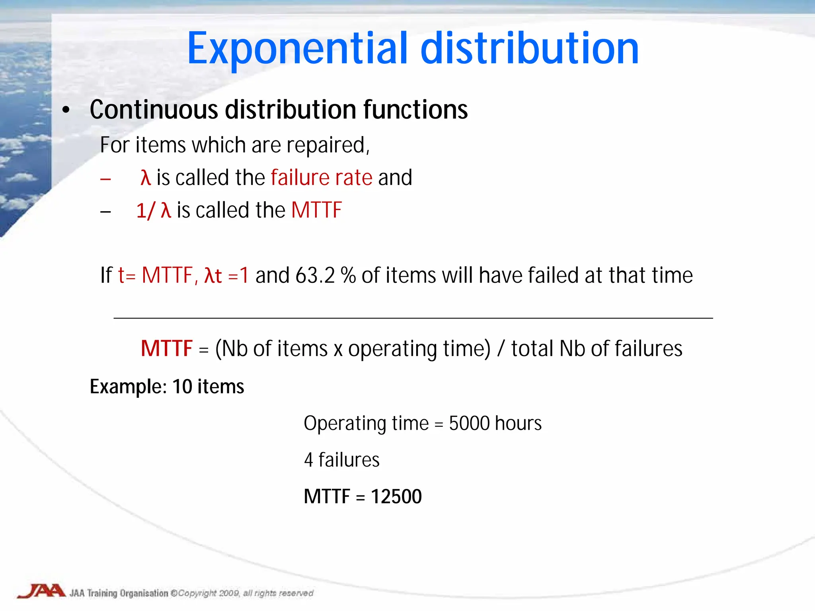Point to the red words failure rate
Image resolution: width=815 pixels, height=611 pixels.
tap(322, 177)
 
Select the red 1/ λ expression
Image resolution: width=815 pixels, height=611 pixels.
tap(154, 210)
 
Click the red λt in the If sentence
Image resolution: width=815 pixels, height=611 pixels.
tap(213, 275)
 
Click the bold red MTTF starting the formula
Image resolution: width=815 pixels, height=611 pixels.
tap(167, 348)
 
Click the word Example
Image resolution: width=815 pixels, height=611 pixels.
tap(128, 387)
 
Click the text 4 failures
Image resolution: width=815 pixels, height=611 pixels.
tap(341, 460)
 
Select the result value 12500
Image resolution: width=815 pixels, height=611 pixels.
tap(396, 496)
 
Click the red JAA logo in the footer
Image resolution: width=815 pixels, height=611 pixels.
tap(42, 591)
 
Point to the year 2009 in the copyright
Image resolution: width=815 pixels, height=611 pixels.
tap(229, 593)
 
